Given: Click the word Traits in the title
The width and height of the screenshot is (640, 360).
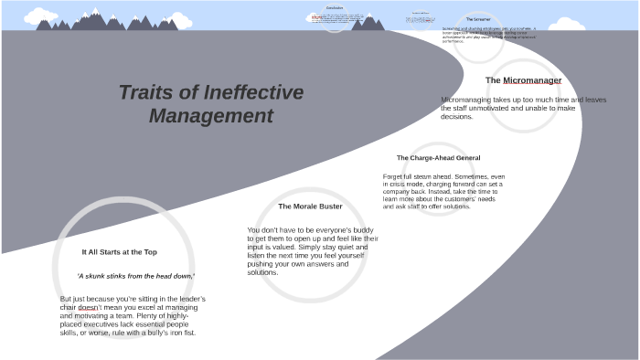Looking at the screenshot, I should click(x=146, y=92).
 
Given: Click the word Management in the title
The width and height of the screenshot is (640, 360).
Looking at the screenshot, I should click(x=211, y=116).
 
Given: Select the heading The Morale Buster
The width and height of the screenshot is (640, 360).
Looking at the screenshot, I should click(x=310, y=206).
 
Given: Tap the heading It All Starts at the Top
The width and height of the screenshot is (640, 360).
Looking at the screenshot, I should click(x=120, y=252).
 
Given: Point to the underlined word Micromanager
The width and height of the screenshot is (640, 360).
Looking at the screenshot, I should click(x=532, y=80).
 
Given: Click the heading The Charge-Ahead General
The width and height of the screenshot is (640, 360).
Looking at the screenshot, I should click(x=438, y=158).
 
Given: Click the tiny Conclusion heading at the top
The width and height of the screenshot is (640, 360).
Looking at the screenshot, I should click(x=335, y=8).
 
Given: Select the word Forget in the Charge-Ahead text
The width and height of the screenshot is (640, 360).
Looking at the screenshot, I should click(x=393, y=176).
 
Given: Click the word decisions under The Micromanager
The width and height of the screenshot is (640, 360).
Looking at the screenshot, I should click(x=456, y=117).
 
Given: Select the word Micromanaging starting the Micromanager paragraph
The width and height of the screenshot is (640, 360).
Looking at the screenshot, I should click(x=466, y=100).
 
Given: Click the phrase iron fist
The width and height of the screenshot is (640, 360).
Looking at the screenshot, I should click(x=181, y=333).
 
